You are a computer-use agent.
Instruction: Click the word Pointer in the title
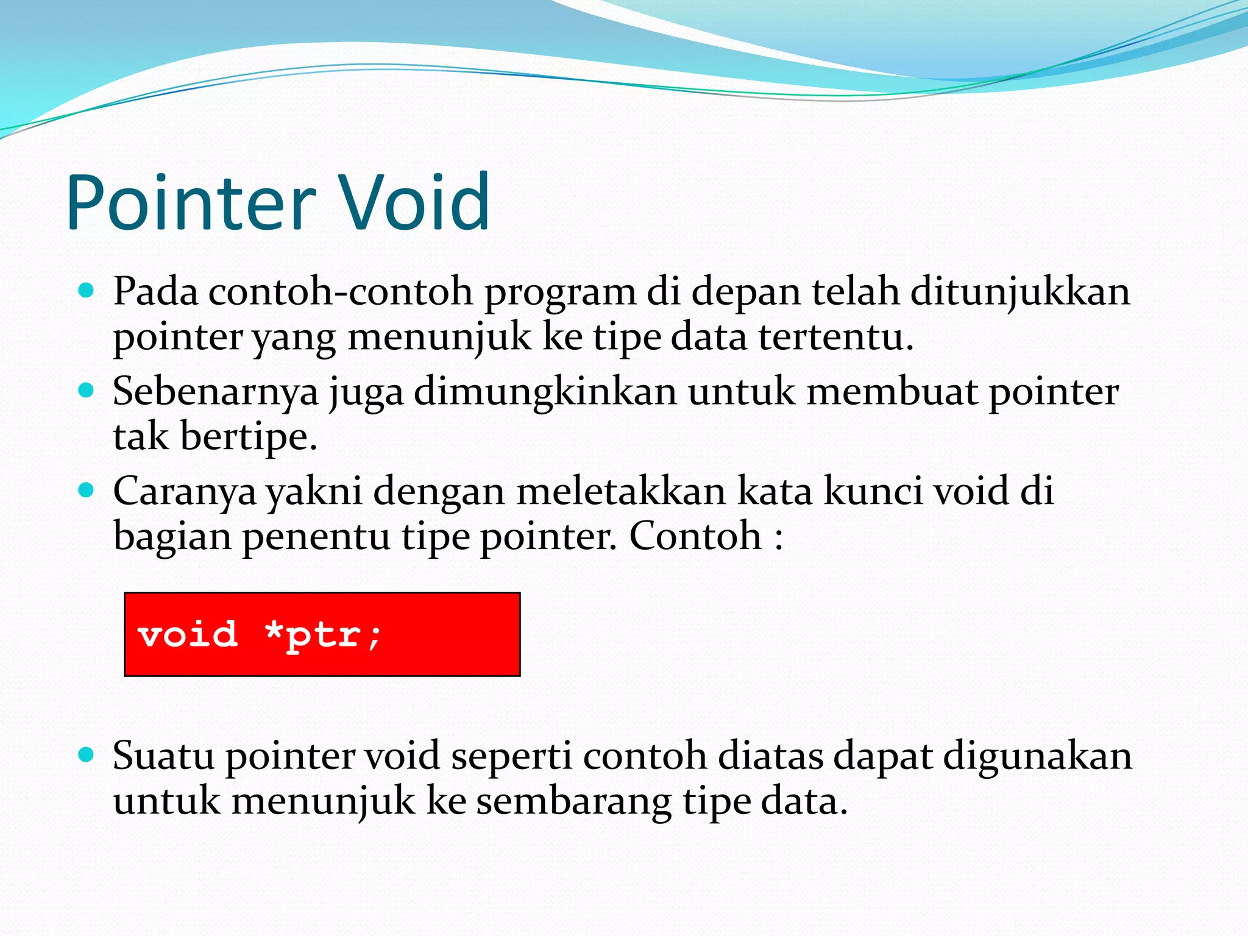coord(191,203)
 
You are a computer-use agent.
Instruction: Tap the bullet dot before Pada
coord(87,290)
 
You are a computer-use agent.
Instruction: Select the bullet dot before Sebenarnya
coord(87,390)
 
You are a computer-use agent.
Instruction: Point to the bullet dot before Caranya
coord(87,489)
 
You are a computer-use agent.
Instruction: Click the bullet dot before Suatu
coord(87,755)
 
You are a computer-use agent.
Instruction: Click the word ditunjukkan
coord(1020,291)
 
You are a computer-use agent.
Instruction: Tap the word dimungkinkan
coord(545,391)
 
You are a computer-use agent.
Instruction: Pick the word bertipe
coord(249,437)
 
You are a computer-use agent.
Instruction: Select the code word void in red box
coord(188,634)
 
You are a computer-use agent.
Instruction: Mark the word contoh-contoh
coord(341,291)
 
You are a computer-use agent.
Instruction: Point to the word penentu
coord(316,537)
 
